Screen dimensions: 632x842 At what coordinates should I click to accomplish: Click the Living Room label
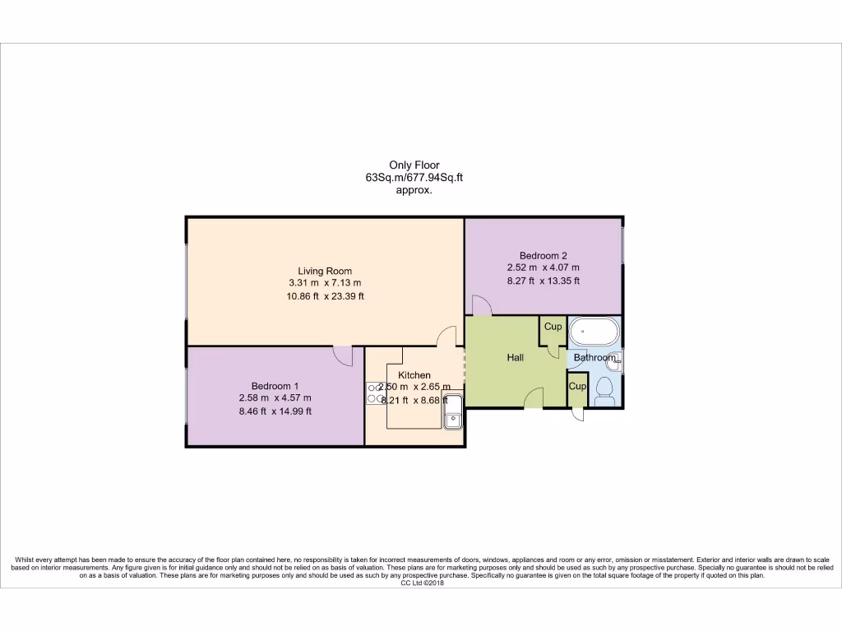[325, 271]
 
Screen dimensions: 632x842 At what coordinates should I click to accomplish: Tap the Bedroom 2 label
[543, 255]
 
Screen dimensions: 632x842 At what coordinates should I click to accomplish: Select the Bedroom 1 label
[275, 386]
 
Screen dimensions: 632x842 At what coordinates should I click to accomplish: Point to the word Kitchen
[414, 375]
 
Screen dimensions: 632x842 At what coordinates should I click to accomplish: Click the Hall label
[516, 358]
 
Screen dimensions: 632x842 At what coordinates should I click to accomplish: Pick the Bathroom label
[594, 358]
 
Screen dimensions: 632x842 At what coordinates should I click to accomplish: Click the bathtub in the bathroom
[594, 333]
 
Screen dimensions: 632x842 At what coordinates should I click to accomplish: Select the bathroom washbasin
[616, 360]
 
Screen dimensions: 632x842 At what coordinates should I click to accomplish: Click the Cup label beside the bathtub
[553, 327]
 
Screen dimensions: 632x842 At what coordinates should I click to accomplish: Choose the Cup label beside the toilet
[577, 386]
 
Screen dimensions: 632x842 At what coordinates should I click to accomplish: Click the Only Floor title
[414, 165]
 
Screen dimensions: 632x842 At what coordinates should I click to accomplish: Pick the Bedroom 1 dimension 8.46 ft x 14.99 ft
[275, 411]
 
